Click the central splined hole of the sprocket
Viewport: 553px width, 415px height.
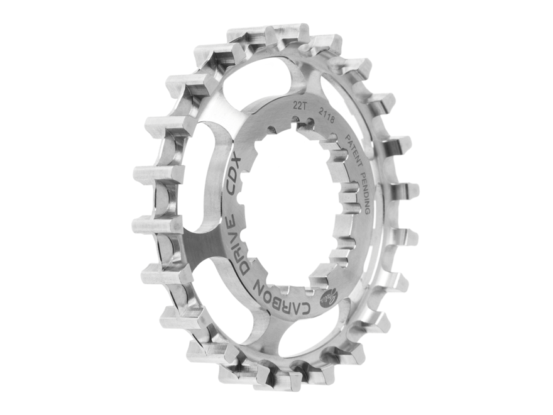coord(289,207)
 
